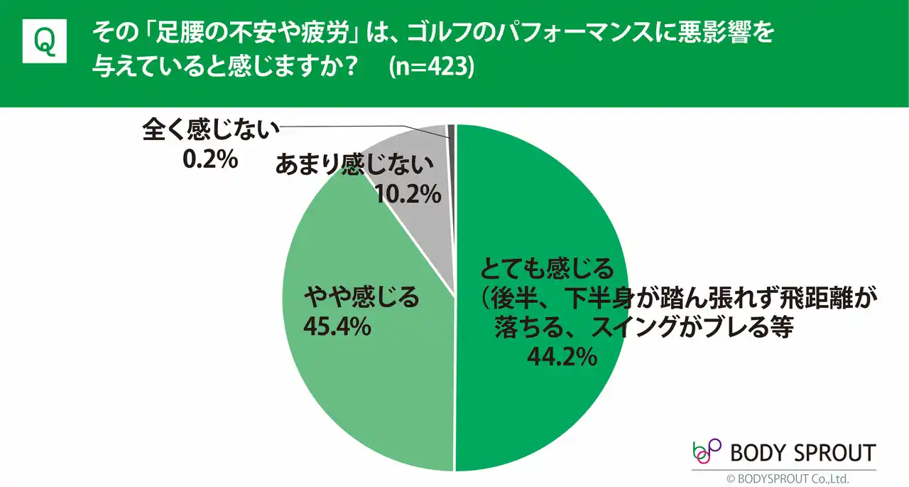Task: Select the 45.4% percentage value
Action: (337, 326)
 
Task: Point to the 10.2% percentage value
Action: (408, 194)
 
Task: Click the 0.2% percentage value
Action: (209, 160)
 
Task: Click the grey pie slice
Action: (419, 213)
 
